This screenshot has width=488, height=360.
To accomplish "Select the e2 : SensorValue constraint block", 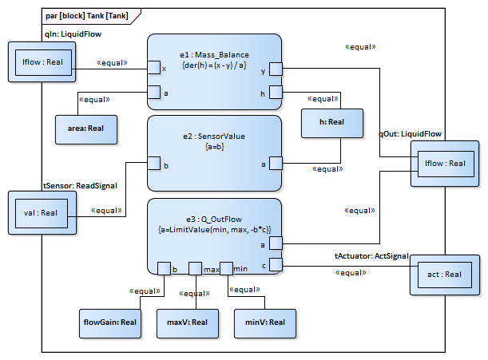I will coord(214,152).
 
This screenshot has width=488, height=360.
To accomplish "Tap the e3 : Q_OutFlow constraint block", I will coord(214,235).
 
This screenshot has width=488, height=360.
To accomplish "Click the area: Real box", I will coord(85,128).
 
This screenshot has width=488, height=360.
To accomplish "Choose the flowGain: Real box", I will coord(107,322).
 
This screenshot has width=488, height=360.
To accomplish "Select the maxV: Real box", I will coord(187,322).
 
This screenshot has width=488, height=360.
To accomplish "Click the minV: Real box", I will coord(265,322).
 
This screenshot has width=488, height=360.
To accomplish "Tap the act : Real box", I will coord(443,275).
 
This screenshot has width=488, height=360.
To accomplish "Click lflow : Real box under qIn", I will coord(42,61).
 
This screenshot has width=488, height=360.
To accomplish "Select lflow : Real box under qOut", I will coord(445,164).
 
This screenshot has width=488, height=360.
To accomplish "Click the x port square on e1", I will coord(153,69).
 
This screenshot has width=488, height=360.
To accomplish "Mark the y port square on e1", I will coord(276,69).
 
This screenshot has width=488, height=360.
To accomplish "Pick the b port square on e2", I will coord(153,164).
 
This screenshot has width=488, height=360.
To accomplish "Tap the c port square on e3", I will coord(276,263).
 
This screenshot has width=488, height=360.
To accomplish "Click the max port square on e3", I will coord(195,268).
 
